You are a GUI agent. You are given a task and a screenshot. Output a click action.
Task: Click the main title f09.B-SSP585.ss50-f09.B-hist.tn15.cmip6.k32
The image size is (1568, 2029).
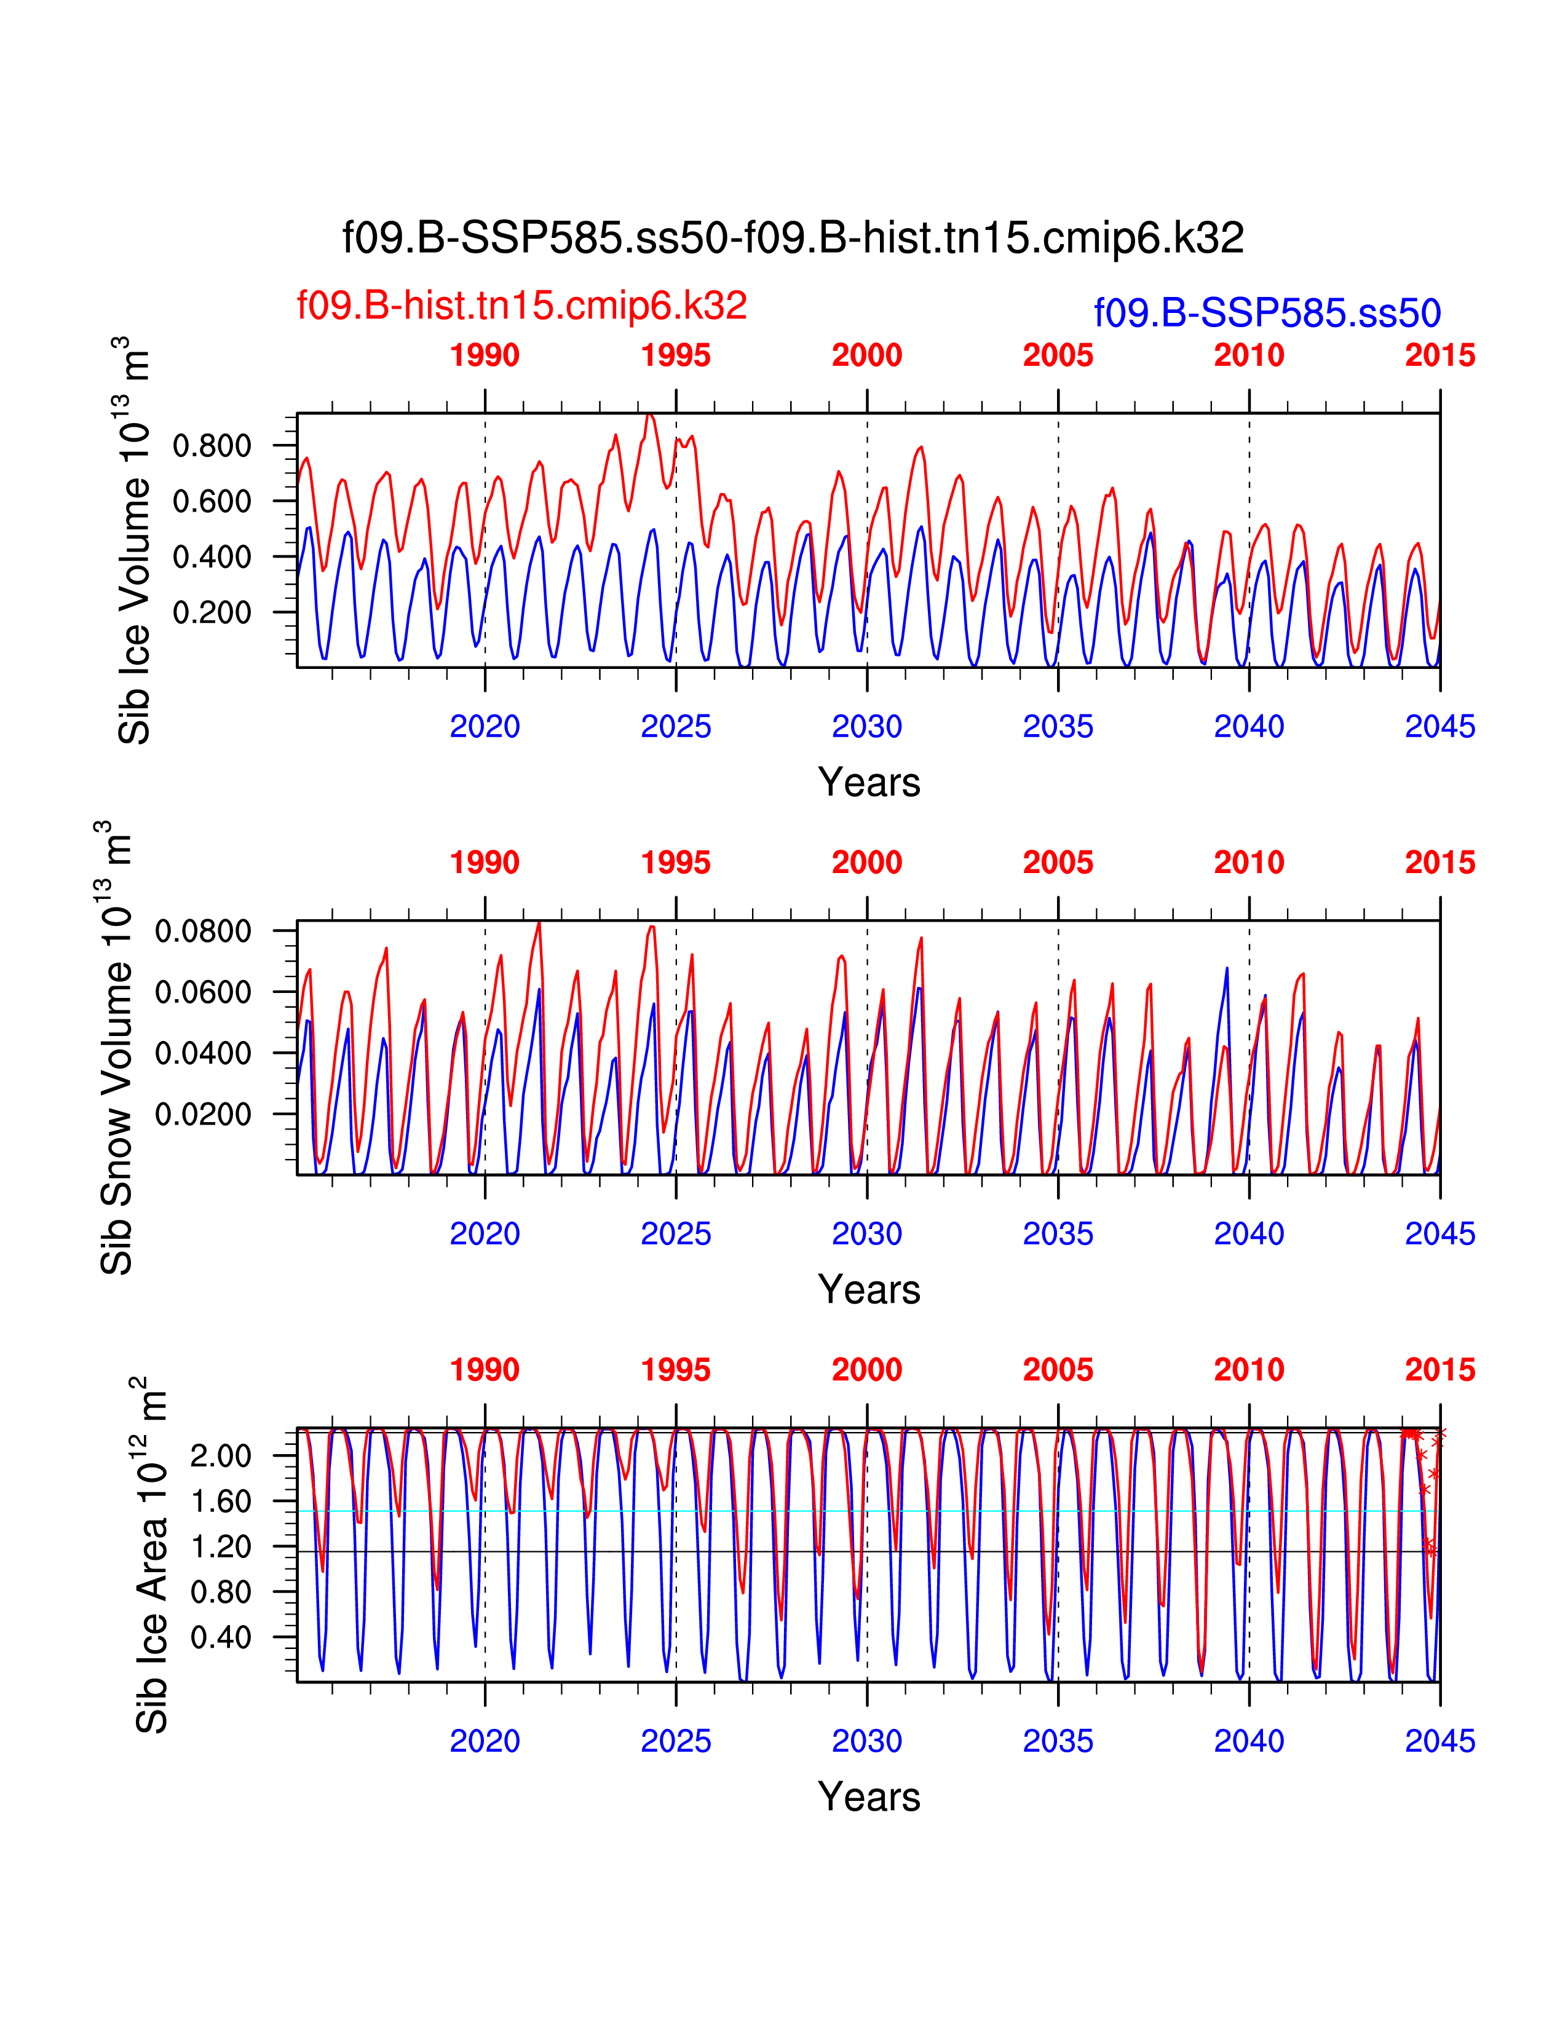click(x=793, y=239)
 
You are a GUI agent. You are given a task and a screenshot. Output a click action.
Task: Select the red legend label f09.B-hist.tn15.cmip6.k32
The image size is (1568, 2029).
click(x=521, y=306)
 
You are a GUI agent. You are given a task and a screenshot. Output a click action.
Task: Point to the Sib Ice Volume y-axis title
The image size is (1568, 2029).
click(x=134, y=540)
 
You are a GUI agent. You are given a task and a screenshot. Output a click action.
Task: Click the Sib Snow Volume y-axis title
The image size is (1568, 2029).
click(x=116, y=1047)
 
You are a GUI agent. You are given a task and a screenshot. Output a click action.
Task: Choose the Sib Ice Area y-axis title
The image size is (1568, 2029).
click(x=151, y=1554)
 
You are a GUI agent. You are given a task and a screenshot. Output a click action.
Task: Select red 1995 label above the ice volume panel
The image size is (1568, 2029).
click(x=675, y=356)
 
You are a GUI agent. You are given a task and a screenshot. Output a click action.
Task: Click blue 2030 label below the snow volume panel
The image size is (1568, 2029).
click(x=866, y=1234)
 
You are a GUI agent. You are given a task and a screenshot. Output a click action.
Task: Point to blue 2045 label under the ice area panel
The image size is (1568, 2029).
click(x=1439, y=1741)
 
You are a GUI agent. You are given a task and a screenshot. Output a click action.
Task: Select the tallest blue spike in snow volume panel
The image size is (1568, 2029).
click(x=1226, y=969)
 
